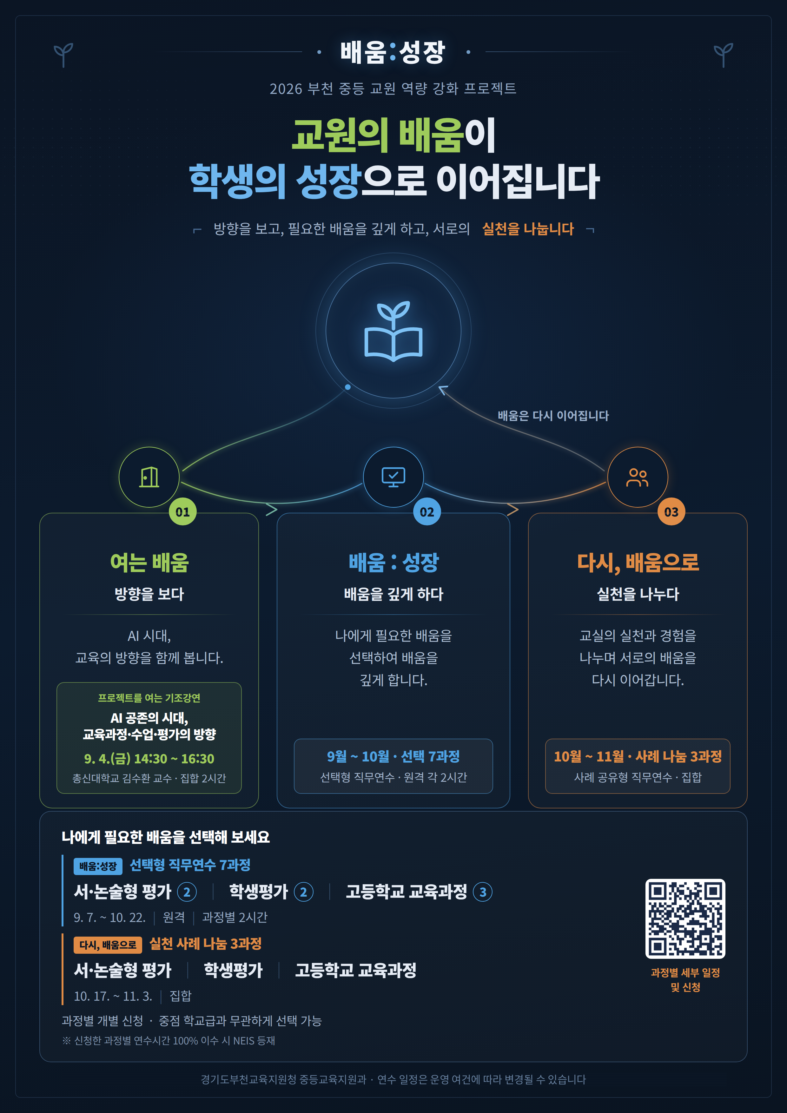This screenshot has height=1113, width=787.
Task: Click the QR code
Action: tap(685, 918)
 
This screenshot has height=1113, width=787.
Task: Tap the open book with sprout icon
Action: tap(393, 331)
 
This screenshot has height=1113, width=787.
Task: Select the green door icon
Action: tap(149, 477)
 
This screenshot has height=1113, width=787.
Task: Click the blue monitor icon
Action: tap(393, 477)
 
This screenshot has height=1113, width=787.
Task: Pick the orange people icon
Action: tap(637, 477)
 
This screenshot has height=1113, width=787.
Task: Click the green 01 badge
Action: tap(182, 512)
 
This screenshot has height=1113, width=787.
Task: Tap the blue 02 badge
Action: tap(427, 512)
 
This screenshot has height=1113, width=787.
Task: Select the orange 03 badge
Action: tap(671, 512)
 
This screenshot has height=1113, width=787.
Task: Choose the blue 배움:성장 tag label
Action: tap(98, 866)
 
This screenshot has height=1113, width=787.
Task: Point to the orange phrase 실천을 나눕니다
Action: tap(528, 229)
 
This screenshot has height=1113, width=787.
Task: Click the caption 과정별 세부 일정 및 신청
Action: tap(685, 980)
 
